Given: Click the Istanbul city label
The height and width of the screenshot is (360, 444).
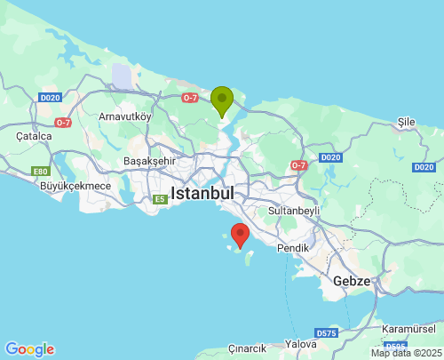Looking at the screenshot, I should (202, 193).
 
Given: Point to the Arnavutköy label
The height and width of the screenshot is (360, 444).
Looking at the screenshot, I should (126, 116).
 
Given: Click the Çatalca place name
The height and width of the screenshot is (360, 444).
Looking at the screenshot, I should (34, 136).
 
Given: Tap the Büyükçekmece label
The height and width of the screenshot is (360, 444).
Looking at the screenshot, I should (75, 186).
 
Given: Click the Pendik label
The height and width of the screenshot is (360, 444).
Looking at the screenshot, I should (292, 247).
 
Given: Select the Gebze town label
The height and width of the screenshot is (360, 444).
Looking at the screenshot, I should (352, 280).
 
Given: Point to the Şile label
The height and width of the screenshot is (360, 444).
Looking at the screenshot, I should (407, 121).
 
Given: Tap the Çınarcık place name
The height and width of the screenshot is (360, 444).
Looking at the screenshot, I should (248, 348).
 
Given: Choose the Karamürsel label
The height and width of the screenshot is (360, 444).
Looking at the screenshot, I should (407, 329).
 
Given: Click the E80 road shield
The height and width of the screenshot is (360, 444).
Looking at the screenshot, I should (40, 171).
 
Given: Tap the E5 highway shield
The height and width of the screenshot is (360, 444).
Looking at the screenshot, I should (160, 199).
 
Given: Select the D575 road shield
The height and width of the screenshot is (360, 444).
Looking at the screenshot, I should (327, 332).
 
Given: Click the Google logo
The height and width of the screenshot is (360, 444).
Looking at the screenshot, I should (29, 349).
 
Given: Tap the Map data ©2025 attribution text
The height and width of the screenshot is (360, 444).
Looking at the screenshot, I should (406, 353).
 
